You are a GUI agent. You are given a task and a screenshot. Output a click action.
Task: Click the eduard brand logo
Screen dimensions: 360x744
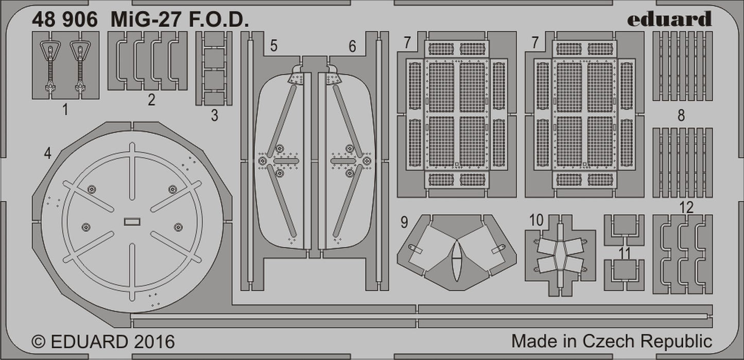click(669, 19)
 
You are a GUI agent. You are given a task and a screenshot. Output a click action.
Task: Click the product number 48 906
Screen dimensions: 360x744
click(65, 20)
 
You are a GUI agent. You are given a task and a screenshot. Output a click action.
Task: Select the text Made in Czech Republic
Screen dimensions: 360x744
click(612, 341)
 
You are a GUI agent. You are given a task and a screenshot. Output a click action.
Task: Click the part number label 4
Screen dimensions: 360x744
click(47, 153)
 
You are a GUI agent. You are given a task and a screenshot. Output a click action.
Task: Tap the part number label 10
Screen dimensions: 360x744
click(536, 220)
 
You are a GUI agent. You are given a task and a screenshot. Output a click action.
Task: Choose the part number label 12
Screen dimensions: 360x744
click(686, 208)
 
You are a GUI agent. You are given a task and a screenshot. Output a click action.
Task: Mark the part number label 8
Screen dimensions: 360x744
click(681, 116)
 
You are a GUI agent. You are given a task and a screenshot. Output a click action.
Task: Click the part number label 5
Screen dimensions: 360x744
click(274, 46)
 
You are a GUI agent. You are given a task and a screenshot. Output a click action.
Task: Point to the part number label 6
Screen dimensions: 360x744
click(352, 46)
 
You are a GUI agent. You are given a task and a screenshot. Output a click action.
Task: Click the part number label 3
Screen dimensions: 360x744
click(214, 116)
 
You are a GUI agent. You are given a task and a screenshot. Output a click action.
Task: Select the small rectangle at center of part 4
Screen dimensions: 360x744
click(132, 222)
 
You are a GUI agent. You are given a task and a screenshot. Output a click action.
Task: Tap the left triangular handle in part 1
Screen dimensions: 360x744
click(49, 50)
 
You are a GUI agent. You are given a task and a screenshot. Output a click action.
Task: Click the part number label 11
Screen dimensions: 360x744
click(625, 252)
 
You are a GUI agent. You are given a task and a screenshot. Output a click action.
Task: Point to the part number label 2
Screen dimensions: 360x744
click(151, 100)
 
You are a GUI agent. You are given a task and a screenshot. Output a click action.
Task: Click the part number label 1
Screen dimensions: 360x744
click(65, 109)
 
